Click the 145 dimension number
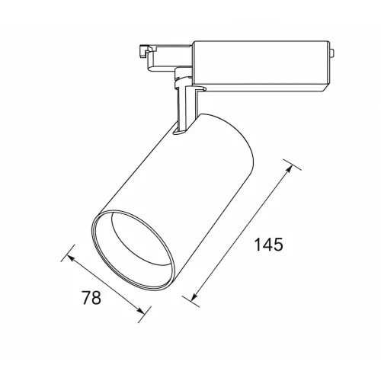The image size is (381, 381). (x=268, y=245)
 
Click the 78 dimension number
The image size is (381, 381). (x=91, y=297)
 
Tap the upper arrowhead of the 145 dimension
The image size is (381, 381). (x=289, y=169)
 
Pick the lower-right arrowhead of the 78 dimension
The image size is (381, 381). (x=140, y=310)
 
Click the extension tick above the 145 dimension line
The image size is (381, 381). (x=293, y=165)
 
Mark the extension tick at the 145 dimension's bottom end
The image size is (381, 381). (x=190, y=302)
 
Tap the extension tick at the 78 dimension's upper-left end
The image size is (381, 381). (x=68, y=253)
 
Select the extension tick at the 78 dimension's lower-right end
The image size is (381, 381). (x=145, y=315)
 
